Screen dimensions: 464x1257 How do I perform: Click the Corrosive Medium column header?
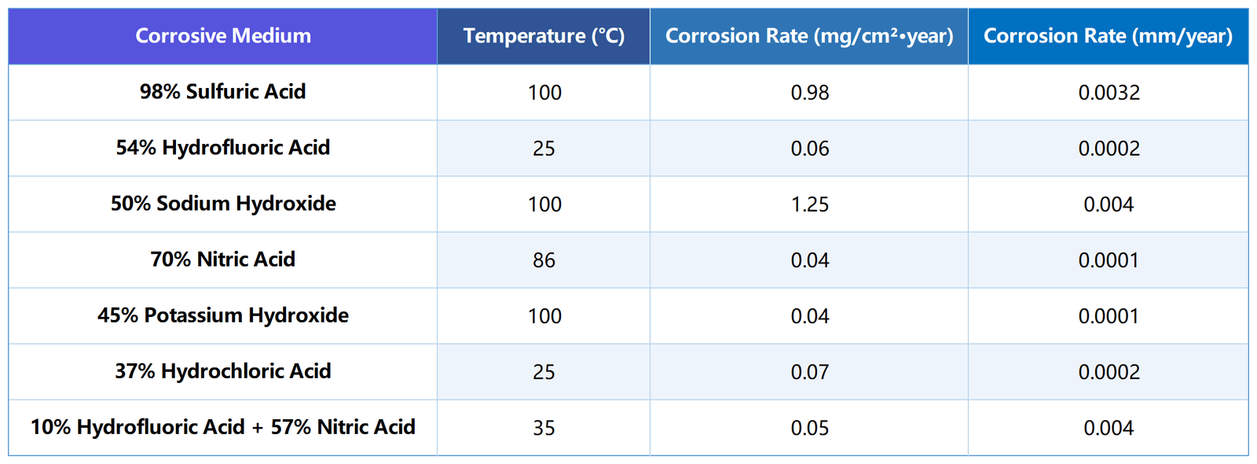coord(223,36)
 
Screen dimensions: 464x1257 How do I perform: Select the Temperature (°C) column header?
coord(544,36)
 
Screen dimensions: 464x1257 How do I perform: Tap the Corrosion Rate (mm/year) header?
coord(1108,36)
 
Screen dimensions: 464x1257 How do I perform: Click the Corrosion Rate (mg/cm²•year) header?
coord(809,36)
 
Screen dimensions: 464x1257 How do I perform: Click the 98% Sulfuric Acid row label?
coord(223,92)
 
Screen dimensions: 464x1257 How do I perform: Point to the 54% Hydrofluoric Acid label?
coord(223,148)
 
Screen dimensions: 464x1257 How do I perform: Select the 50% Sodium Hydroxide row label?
coord(223,204)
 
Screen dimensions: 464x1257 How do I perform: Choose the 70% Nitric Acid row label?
coord(223,260)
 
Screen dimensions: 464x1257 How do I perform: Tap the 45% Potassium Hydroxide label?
coord(223,315)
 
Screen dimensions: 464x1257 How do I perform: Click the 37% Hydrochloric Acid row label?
coord(223,371)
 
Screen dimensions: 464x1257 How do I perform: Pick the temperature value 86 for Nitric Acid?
coord(544,260)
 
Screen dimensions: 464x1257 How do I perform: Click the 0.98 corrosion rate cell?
coord(809,93)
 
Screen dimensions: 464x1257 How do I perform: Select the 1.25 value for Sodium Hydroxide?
coord(809,204)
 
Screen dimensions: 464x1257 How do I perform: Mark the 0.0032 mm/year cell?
coord(1109,93)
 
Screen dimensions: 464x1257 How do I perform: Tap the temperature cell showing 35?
coord(544,428)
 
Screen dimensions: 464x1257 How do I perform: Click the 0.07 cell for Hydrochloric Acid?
coord(809,372)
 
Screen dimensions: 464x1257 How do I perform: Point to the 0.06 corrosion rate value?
coord(809,149)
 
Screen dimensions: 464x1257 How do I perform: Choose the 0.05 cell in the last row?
coord(809,428)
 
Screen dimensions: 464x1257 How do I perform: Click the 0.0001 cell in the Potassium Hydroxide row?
coord(1109,316)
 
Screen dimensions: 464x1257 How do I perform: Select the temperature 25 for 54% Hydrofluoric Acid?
coord(544,149)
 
